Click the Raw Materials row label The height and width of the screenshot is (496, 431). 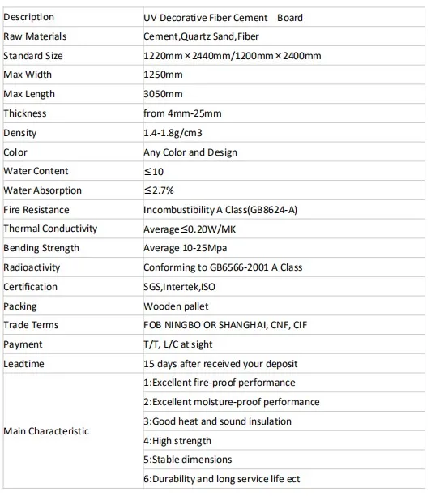tap(35, 36)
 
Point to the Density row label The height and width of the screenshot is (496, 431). tap(20, 133)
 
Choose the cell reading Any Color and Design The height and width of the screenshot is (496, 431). tap(190, 152)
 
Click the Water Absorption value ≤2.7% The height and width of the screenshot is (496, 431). tap(160, 190)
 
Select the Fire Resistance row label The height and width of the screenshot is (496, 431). tap(36, 210)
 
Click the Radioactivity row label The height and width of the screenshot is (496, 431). tap(32, 267)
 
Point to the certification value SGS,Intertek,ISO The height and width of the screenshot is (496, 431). tap(180, 287)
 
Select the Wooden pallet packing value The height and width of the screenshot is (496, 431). tap(176, 306)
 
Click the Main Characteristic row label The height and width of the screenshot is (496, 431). tap(46, 431)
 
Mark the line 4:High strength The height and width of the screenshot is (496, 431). tap(177, 441)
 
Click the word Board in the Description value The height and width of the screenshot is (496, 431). tap(289, 17)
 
